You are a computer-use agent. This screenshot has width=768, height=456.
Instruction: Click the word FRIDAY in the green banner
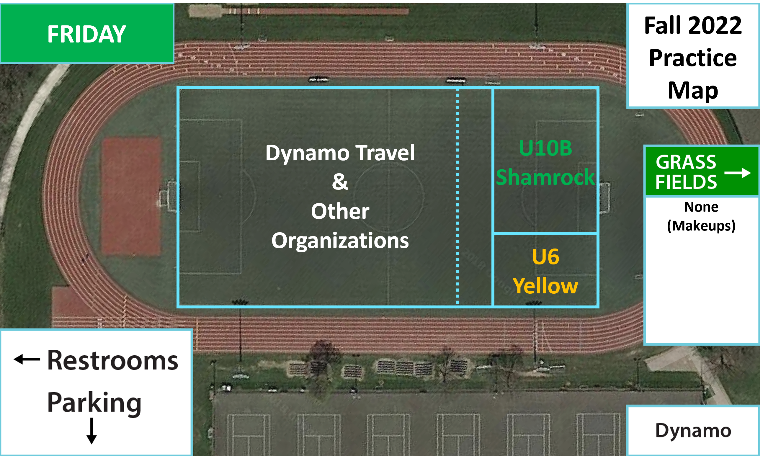click(87, 34)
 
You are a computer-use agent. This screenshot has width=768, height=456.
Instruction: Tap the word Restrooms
click(113, 360)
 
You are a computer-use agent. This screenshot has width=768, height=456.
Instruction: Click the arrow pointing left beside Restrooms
click(27, 359)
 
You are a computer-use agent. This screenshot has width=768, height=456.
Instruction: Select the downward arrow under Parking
click(91, 431)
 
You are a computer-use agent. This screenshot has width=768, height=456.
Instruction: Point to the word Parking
click(94, 403)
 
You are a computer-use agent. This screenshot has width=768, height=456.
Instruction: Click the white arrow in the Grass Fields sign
click(738, 173)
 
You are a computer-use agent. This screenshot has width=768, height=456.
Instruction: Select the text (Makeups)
click(701, 226)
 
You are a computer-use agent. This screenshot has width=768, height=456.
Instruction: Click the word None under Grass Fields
click(701, 207)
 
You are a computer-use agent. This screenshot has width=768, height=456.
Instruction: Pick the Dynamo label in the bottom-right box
click(693, 431)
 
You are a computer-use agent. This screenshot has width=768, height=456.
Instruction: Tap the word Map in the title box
click(693, 90)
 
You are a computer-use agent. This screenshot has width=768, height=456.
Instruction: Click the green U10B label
click(545, 148)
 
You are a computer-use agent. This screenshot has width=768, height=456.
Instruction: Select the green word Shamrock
click(545, 177)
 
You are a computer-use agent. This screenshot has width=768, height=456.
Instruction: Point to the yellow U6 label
click(545, 256)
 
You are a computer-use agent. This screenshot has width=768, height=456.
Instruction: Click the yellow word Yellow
click(545, 286)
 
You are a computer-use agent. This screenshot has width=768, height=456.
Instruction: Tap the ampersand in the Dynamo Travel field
click(340, 182)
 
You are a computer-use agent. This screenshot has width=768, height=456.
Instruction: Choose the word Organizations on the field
click(340, 241)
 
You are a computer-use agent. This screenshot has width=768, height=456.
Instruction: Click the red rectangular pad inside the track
click(131, 196)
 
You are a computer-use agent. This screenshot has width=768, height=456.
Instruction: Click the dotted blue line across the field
click(458, 197)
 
